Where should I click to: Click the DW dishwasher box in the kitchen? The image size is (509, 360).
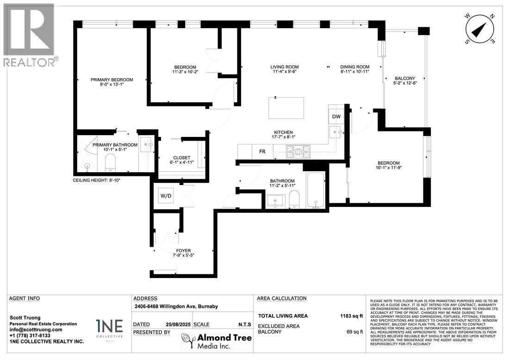336,117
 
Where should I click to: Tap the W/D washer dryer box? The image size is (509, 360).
166,196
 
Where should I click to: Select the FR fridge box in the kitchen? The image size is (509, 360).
262,151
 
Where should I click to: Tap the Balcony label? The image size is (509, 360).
404,78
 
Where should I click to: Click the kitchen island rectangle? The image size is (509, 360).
286,108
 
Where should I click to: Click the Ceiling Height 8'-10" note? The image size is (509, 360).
97,180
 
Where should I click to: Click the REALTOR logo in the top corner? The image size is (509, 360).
29,35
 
